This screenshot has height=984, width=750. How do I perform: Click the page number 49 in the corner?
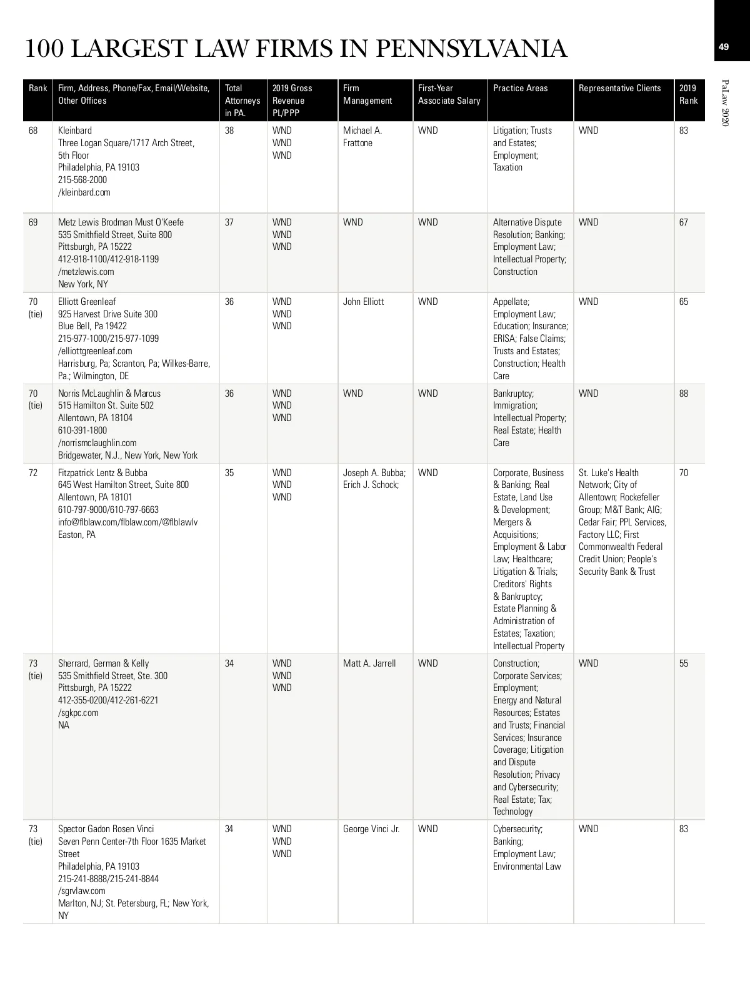[723, 47]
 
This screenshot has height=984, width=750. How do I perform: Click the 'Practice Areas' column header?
[520, 88]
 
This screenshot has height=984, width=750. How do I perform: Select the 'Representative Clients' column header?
[619, 88]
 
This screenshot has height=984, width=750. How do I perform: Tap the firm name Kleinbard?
[75, 131]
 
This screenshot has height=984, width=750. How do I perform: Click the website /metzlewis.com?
[86, 272]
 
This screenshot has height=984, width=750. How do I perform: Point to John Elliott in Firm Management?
[364, 302]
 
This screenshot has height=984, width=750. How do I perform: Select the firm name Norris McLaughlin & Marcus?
[109, 394]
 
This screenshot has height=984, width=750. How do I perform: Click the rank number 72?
[34, 473]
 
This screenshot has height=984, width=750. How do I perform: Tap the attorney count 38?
[229, 131]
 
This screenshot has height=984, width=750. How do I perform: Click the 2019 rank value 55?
[684, 663]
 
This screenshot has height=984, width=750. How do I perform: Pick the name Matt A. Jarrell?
[369, 663]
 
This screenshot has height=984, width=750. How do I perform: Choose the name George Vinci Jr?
[371, 829]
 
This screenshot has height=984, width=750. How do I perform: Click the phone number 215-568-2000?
[82, 180]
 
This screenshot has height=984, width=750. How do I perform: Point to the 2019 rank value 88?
[684, 394]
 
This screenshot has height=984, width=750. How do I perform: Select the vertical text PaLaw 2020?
[726, 103]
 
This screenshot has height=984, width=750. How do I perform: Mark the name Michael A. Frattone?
[362, 137]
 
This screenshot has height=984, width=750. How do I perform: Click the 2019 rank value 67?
[684, 222]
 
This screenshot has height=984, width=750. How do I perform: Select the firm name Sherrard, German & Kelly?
[104, 663]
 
